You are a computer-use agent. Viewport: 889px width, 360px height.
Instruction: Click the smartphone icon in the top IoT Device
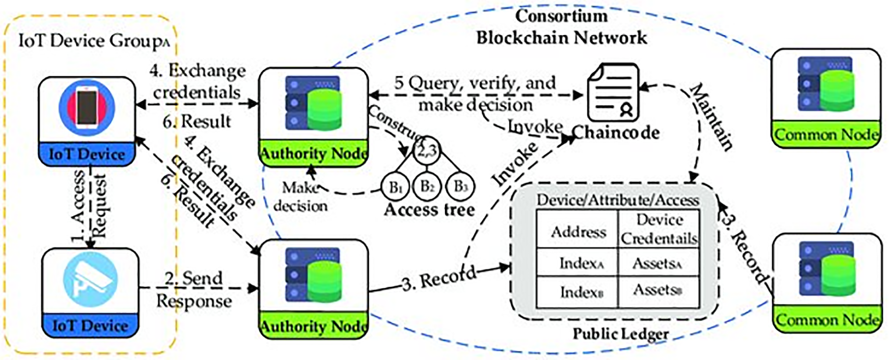pos(87,107)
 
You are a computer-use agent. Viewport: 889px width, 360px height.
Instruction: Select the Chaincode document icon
pos(613,93)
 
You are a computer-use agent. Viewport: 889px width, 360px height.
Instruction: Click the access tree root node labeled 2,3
pos(426,151)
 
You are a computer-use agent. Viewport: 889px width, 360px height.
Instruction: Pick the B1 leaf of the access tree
pos(395,187)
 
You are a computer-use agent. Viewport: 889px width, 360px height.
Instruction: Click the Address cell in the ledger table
pos(578,231)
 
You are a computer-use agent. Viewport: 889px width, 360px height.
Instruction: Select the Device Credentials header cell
pos(659,229)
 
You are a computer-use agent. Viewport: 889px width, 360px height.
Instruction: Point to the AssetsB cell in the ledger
pos(657,290)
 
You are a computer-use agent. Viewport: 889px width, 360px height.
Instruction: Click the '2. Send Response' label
pos(194,289)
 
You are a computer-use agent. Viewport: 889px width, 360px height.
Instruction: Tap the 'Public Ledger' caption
pos(620,334)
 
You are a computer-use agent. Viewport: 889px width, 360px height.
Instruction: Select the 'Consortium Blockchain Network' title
pos(561,27)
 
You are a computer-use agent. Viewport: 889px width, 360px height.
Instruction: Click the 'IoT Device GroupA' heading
pos(93,41)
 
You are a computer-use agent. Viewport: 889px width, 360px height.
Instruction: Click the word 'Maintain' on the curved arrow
pos(711,117)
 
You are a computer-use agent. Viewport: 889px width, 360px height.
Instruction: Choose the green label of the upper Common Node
pos(826,135)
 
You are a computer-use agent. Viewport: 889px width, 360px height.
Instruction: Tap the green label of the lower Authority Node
pos(313,326)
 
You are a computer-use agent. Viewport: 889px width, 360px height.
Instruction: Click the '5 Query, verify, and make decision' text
pos(475,93)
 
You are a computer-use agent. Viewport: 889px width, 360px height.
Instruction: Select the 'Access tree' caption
pos(429,210)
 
